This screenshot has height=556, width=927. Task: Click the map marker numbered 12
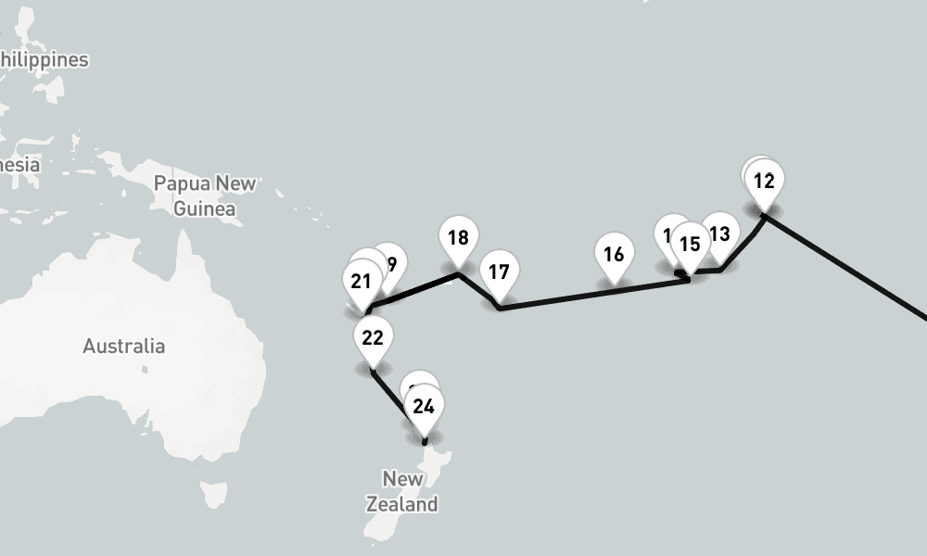coord(764,182)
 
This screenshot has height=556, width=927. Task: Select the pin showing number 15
coord(690,245)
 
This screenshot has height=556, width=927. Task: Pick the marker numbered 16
coord(613,255)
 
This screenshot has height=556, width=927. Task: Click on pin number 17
coord(499,272)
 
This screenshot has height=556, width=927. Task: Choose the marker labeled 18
coord(458,238)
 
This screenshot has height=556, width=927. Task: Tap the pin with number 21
coord(362,282)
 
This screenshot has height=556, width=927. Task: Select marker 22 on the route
coord(373,337)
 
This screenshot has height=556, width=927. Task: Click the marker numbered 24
coord(424,407)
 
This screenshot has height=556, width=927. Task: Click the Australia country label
coord(124,347)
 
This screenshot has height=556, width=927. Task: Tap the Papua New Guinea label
coord(205,196)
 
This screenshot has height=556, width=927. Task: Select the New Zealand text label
coord(402,492)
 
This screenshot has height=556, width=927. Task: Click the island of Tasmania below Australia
coord(214,493)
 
